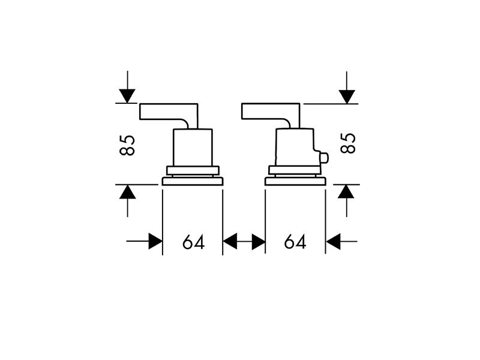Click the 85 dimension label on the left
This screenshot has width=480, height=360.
tap(127, 145)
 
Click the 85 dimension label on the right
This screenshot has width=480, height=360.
tap(348, 143)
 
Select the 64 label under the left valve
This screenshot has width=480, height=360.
tap(193, 242)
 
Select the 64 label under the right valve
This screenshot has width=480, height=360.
tap(295, 242)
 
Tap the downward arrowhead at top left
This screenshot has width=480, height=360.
tap(127, 96)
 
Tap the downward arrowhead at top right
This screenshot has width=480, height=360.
tap(347, 97)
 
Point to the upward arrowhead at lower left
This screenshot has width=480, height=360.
tap(127, 192)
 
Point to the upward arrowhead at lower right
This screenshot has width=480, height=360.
tap(346, 191)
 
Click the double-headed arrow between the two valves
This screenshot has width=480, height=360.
tap(244, 241)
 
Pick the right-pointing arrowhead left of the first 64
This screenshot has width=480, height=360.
tap(155, 241)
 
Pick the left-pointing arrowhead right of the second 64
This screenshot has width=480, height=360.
tap(333, 241)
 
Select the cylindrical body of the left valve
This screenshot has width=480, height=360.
tap(193, 147)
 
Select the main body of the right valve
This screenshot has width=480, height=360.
tap(295, 147)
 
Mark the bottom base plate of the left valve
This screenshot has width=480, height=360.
tap(193, 181)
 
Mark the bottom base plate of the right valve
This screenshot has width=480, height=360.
tap(295, 181)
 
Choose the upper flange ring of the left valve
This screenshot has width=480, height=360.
tap(193, 170)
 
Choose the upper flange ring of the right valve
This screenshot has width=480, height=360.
tap(295, 170)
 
